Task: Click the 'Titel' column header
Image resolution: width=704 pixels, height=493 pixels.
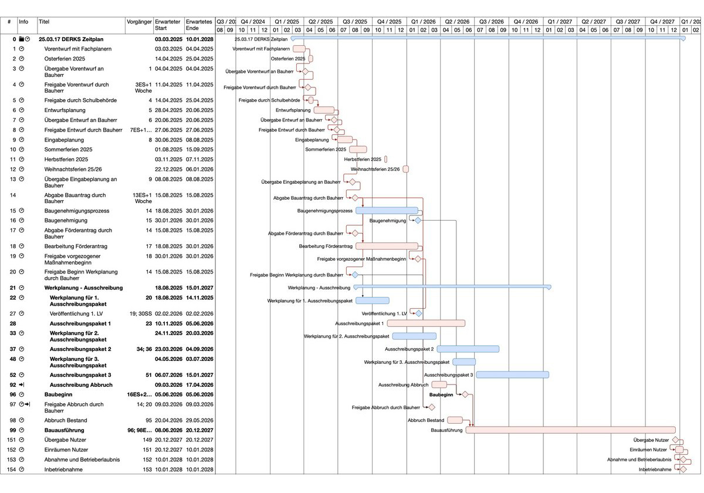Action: [x=44, y=22]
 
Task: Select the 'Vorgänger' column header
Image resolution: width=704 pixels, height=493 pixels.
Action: [x=139, y=22]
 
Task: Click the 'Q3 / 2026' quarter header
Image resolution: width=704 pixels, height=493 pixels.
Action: [x=491, y=21]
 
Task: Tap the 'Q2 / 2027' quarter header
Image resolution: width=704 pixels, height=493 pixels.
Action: [x=594, y=21]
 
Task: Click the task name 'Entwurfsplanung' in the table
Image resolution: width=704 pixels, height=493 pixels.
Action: [x=65, y=110]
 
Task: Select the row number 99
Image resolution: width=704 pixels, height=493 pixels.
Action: [x=12, y=430]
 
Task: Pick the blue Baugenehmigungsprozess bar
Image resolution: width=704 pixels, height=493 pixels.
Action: [x=387, y=211]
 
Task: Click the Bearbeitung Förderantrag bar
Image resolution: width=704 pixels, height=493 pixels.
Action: [x=387, y=246]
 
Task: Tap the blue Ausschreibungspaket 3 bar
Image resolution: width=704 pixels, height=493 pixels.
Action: [x=512, y=374]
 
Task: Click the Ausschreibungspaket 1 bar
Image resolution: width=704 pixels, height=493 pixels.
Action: [x=426, y=323]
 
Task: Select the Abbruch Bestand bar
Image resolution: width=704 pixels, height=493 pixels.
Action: [x=455, y=420]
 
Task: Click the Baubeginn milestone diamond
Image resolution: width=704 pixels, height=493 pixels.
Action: [x=465, y=395]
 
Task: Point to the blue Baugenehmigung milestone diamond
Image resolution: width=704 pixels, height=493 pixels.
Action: [x=418, y=221]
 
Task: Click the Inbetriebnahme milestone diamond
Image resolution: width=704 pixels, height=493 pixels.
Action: [x=683, y=470]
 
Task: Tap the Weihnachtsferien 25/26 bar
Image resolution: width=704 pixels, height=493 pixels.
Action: [x=405, y=169]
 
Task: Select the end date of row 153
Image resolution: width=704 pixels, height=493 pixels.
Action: [x=199, y=460]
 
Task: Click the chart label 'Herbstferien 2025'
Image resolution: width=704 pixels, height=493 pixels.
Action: [x=363, y=160]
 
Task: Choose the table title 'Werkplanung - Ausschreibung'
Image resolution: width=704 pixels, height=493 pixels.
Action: [x=83, y=288]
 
